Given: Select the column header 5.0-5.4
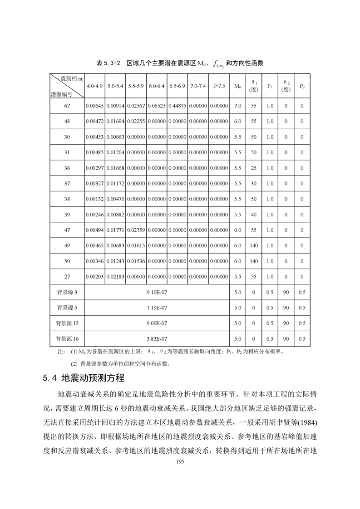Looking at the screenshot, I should (115, 86).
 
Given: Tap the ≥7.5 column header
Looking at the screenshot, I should (218, 86).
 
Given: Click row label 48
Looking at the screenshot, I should (67, 122).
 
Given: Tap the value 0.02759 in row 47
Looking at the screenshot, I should (136, 230).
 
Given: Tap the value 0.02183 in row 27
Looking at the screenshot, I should (115, 277).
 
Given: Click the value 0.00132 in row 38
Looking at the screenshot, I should (95, 199).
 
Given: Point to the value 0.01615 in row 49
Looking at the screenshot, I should (136, 246).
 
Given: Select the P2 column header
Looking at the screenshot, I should (302, 86).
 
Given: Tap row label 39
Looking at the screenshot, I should (67, 215).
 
